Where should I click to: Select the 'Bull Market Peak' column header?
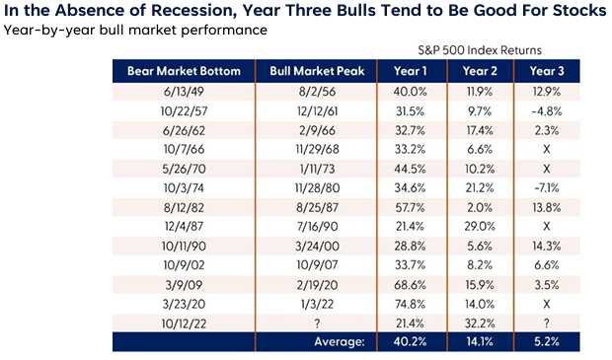tap(315, 71)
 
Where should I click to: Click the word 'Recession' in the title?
tap(166, 11)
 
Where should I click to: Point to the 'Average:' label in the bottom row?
tap(337, 341)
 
